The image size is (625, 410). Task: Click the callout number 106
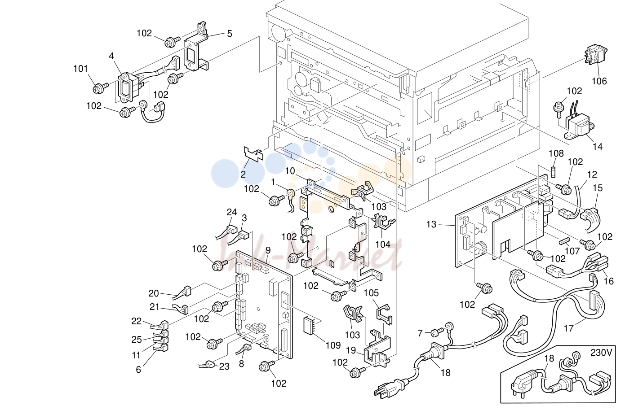599,81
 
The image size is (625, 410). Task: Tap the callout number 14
598,147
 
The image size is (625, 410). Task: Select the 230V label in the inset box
601,353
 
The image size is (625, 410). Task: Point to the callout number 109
333,345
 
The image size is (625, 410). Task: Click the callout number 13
431,224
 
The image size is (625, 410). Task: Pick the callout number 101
80,69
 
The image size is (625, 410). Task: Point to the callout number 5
229,34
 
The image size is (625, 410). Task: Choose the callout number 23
224,366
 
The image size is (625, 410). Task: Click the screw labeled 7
436,332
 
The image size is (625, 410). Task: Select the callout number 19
351,350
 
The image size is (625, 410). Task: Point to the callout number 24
231,212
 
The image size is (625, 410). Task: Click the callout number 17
569,328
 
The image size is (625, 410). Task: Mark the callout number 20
154,293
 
